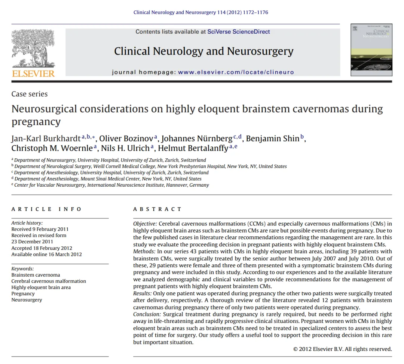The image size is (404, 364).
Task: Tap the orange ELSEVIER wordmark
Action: tap(33, 74)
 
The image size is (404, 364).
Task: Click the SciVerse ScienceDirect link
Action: tap(239, 32)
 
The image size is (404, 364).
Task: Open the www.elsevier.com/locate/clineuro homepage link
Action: tap(236, 72)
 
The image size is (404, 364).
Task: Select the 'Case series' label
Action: tap(30, 94)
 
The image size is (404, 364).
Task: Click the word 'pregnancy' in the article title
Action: tap(36, 122)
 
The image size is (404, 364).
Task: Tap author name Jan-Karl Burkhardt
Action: tap(46, 139)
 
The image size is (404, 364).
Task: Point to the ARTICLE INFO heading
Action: tap(46, 209)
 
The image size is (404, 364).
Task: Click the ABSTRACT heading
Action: tap(157, 209)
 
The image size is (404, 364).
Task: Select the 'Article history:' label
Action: tap(27, 223)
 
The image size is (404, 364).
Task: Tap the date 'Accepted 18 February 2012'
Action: tap(42, 248)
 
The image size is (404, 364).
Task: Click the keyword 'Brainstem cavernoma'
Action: tap(36, 275)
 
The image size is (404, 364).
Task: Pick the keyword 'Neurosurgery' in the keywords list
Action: tap(27, 300)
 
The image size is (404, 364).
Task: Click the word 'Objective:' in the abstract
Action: tap(145, 224)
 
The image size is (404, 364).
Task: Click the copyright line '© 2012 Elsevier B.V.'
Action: tap(342, 349)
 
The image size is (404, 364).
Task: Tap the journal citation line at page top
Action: tap(201, 12)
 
